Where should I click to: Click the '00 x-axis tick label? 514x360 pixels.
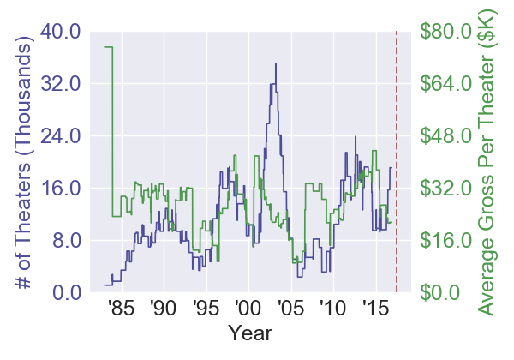click(248, 309)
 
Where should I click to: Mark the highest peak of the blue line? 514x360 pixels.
click(276, 63)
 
